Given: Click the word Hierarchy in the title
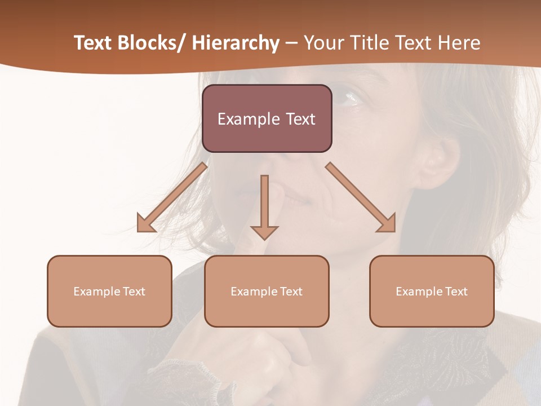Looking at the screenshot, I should pos(236,43).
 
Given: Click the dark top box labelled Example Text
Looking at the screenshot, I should pos(267,118).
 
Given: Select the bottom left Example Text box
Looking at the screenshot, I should pos(109,291).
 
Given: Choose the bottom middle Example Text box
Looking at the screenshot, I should pos(267,291).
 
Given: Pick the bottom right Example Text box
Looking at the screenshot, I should pos(432,291).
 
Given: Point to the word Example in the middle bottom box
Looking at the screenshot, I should pos(254,292).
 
